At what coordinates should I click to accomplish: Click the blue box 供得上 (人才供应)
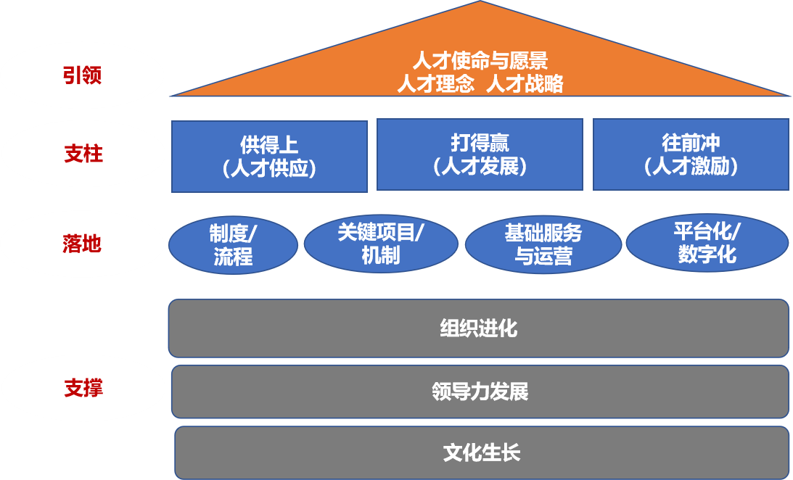pos(269,156)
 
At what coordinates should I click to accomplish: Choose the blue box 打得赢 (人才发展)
pos(480,154)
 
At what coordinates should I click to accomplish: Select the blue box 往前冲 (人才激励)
pos(691,154)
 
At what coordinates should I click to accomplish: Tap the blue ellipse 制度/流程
pos(233,245)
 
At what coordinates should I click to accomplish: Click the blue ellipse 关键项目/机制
pos(381,244)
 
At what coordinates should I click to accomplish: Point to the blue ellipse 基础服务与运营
pos(543,244)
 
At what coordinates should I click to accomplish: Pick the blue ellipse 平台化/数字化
pos(707,243)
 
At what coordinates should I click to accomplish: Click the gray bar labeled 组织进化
pos(479,328)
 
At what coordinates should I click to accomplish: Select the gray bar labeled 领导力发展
pos(480,392)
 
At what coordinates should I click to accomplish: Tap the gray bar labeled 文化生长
pos(482,454)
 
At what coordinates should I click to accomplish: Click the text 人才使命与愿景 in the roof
pos(480,60)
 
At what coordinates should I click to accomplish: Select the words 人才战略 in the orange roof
pos(525,84)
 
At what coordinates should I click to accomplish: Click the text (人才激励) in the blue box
pos(691,167)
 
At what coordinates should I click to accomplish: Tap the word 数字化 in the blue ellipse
pos(707,255)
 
